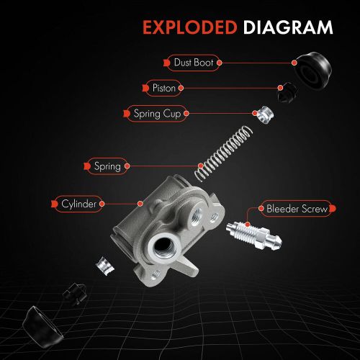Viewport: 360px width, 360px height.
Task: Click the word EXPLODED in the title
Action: tap(190, 27)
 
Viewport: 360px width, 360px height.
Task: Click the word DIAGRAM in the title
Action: tap(288, 27)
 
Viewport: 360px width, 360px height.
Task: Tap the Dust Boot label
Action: tap(194, 63)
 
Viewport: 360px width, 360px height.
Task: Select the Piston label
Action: tap(164, 88)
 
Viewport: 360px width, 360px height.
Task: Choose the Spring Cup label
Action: tap(157, 114)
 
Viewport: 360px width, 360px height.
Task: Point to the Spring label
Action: tap(107, 166)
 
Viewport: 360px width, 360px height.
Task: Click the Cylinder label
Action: tap(78, 204)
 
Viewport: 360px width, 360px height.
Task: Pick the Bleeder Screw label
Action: tap(297, 209)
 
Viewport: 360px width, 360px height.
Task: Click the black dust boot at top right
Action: tap(314, 69)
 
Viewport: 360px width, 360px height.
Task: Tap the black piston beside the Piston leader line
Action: tap(287, 92)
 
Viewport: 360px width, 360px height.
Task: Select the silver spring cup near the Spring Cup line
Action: tap(265, 114)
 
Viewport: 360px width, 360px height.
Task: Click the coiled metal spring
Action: tap(223, 153)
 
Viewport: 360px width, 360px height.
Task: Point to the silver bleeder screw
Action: tap(254, 235)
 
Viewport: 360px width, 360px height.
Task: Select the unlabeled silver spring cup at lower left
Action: tap(105, 266)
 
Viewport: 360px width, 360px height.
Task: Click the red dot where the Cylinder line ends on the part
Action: tap(140, 204)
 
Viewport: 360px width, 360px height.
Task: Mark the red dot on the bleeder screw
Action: tap(248, 225)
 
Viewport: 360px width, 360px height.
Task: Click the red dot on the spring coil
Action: tap(201, 166)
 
